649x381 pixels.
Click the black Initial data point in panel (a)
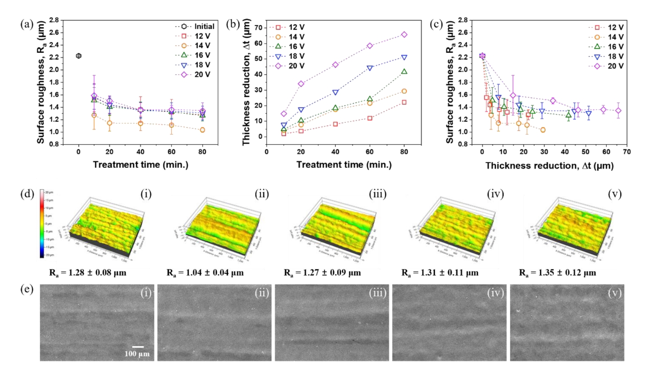pyautogui.click(x=79, y=56)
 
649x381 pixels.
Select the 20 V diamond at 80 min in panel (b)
pyautogui.click(x=404, y=35)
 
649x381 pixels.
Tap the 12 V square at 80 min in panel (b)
pyautogui.click(x=404, y=102)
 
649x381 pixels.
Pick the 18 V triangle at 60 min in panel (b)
pyautogui.click(x=370, y=68)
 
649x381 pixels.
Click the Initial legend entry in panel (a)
pyautogui.click(x=194, y=26)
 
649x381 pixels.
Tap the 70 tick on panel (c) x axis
pyautogui.click(x=626, y=152)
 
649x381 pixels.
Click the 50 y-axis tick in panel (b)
pyautogui.click(x=258, y=59)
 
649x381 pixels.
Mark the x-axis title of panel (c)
pyautogui.click(x=549, y=166)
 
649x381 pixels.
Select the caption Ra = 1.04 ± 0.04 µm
pyautogui.click(x=205, y=273)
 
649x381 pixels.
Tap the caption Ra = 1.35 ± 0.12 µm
pyautogui.click(x=557, y=273)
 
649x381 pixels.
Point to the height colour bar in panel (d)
pyautogui.click(x=42, y=223)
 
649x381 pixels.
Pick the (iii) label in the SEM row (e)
pyautogui.click(x=377, y=293)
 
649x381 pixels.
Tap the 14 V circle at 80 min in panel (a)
pyautogui.click(x=202, y=130)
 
